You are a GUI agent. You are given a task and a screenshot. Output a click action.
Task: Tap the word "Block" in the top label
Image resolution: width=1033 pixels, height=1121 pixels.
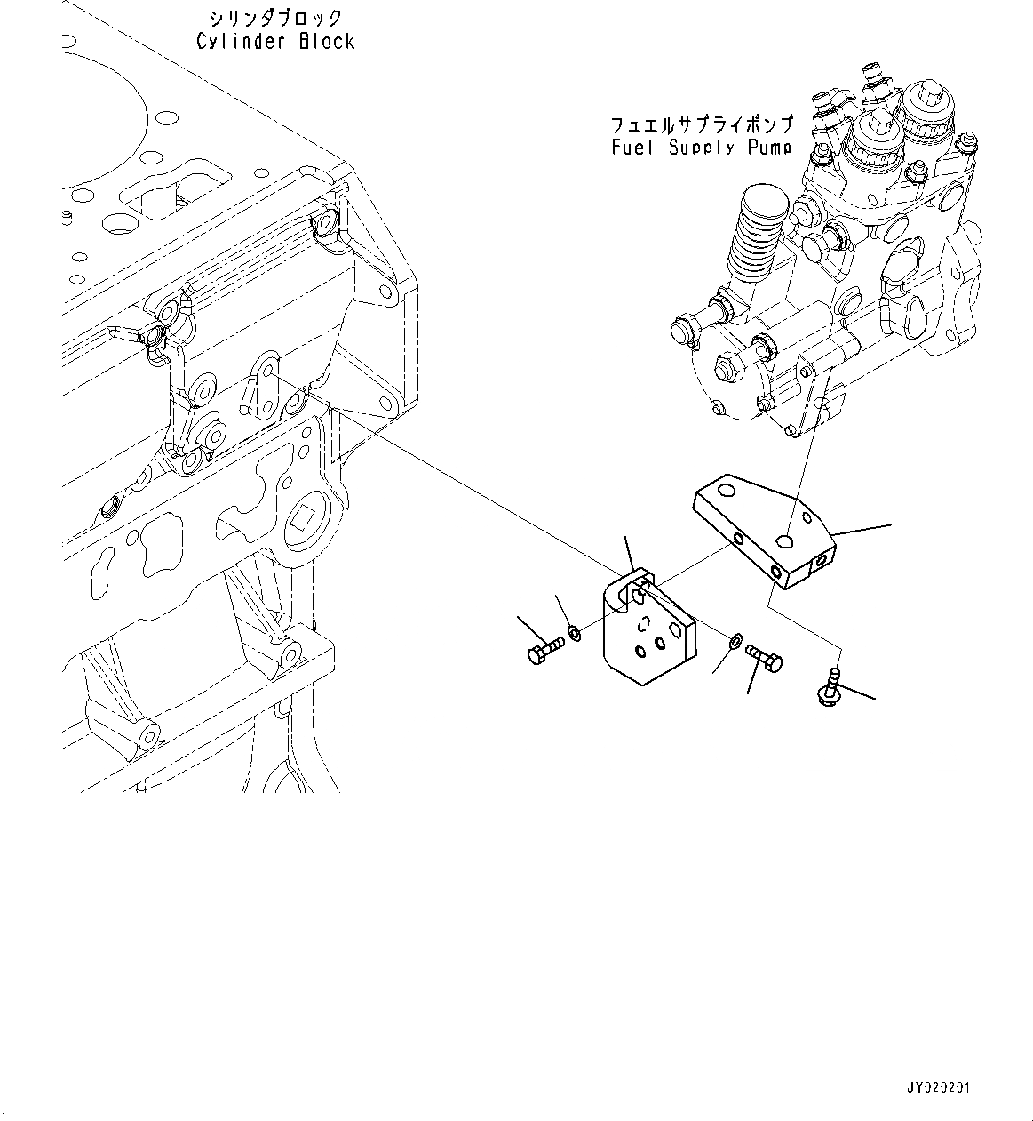[326, 42]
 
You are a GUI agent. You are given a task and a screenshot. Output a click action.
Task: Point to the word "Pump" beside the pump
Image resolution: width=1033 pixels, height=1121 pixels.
[767, 148]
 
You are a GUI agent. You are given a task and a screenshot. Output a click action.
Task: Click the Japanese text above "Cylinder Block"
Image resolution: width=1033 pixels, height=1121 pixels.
[274, 18]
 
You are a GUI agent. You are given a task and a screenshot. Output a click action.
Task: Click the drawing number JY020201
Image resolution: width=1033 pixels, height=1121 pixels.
[939, 1087]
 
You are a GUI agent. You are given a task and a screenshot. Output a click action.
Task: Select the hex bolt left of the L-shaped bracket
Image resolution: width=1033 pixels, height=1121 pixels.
[544, 652]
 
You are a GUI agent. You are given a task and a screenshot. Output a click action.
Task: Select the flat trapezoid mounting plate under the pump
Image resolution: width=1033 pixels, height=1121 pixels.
[764, 529]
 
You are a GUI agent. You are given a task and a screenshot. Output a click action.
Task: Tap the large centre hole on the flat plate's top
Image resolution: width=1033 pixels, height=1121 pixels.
[784, 540]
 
